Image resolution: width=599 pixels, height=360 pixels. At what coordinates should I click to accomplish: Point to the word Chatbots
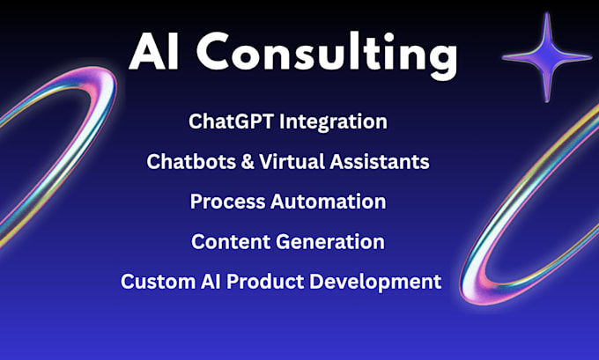[x=185, y=162]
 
